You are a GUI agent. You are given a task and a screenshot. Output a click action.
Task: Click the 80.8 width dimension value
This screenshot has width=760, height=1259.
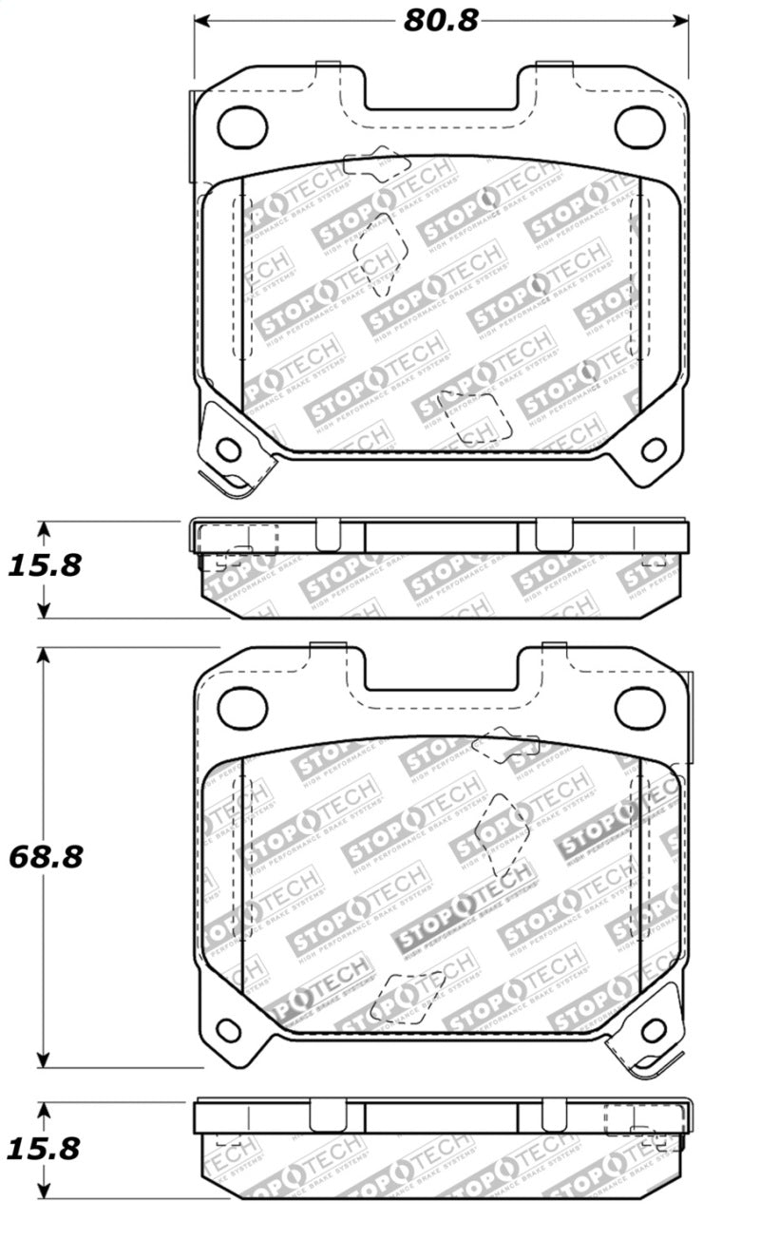[440, 20]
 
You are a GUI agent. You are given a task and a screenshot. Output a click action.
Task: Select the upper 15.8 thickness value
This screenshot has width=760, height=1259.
[45, 565]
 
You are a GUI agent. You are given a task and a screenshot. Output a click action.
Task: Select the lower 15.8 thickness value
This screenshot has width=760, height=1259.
[45, 1148]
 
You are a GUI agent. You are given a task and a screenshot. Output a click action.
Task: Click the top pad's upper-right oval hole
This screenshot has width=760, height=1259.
[639, 126]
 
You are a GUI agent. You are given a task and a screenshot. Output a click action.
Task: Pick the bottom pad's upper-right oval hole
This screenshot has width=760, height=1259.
[639, 708]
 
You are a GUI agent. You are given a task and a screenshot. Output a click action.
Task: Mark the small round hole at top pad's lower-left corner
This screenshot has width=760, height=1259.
[228, 448]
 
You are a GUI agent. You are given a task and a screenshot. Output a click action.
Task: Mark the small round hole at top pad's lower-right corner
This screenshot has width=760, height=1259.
[654, 448]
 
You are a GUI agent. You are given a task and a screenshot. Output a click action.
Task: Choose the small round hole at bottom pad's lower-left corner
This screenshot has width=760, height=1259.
[228, 1030]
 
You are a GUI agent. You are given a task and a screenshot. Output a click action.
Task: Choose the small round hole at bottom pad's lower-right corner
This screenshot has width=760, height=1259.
[654, 1030]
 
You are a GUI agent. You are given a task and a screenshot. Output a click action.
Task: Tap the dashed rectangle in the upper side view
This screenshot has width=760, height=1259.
[237, 539]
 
